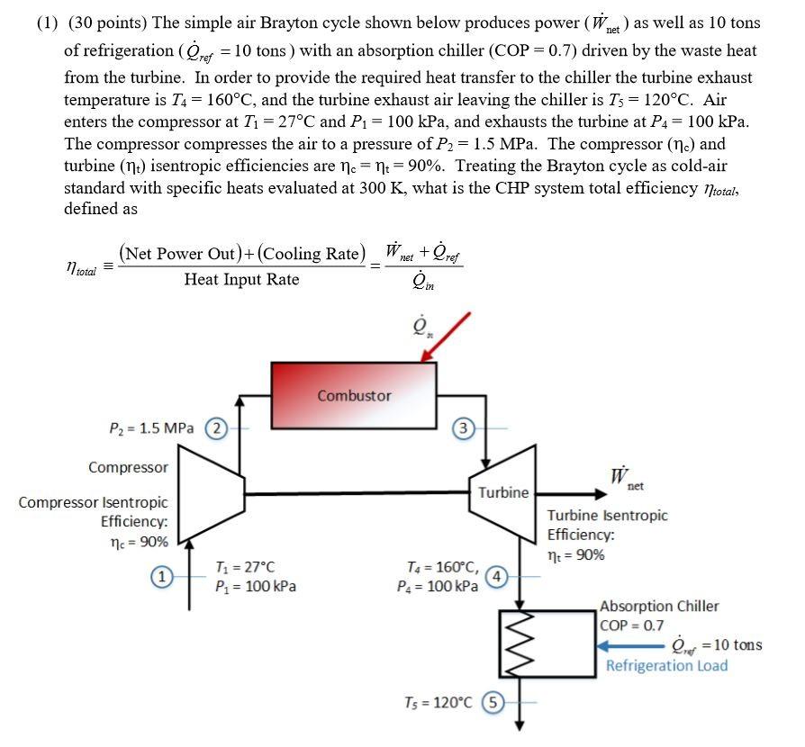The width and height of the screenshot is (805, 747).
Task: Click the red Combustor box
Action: click(x=354, y=395)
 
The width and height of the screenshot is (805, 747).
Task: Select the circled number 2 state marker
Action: click(x=217, y=427)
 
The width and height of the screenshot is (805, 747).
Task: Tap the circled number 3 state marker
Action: click(x=462, y=428)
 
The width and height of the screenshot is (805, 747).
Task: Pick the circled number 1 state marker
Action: click(x=162, y=576)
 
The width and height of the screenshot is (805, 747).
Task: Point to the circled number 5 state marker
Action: click(x=493, y=702)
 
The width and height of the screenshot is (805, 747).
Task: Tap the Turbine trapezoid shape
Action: click(x=502, y=492)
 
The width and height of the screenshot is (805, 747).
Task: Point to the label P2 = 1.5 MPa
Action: click(x=151, y=428)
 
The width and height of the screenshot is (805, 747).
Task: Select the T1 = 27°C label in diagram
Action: click(x=245, y=567)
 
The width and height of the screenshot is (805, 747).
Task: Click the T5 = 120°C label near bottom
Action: click(x=438, y=702)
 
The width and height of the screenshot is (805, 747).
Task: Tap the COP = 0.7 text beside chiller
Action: click(x=631, y=625)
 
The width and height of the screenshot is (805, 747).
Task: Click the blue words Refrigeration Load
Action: click(x=666, y=666)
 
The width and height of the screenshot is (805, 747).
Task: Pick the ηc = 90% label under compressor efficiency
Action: click(x=136, y=542)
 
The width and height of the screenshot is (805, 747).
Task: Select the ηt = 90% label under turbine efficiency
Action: click(x=576, y=554)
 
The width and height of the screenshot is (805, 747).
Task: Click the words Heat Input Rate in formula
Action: click(x=241, y=279)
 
